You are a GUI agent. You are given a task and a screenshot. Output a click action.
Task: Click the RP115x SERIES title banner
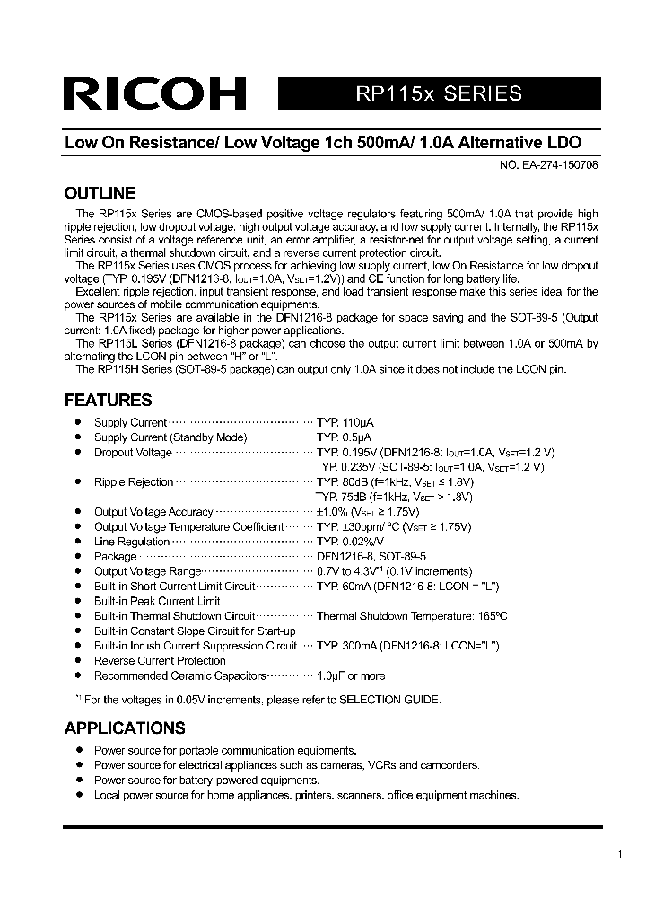tap(439, 93)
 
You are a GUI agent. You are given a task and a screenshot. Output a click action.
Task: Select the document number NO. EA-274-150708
tap(548, 165)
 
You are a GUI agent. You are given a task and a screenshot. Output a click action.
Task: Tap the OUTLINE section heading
tap(100, 193)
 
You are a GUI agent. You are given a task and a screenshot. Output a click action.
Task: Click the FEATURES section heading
tap(109, 400)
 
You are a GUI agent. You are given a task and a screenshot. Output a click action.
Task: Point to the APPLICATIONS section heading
tap(125, 728)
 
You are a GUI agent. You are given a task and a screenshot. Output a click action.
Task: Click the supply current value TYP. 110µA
tap(345, 422)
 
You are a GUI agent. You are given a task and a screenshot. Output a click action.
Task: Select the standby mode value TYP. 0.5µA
tap(344, 437)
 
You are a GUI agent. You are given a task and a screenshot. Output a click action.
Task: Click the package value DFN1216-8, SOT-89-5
tap(371, 557)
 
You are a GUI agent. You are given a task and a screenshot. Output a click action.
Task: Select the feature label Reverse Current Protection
tap(160, 660)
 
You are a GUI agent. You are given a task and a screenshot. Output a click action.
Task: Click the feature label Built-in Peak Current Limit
tap(157, 601)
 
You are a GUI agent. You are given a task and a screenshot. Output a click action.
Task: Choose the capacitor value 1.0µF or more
tap(351, 675)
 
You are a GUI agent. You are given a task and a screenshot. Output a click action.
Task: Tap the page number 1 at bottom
tap(620, 854)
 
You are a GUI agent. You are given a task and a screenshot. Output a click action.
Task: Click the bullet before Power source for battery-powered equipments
tap(77, 780)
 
